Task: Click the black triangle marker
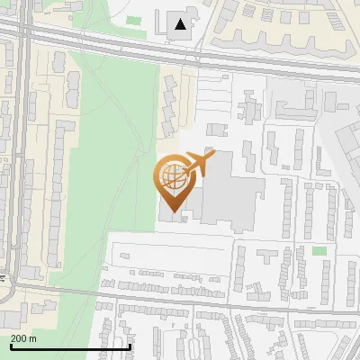coord(182,24)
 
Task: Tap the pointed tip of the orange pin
coord(170,197)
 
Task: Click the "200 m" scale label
coord(23,338)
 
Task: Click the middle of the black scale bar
coord(70,346)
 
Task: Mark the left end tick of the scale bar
coord(10,346)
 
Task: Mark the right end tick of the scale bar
coord(130,346)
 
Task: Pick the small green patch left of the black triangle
coord(134,20)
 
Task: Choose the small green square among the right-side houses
coord(319,251)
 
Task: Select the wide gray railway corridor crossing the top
coord(180,52)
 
